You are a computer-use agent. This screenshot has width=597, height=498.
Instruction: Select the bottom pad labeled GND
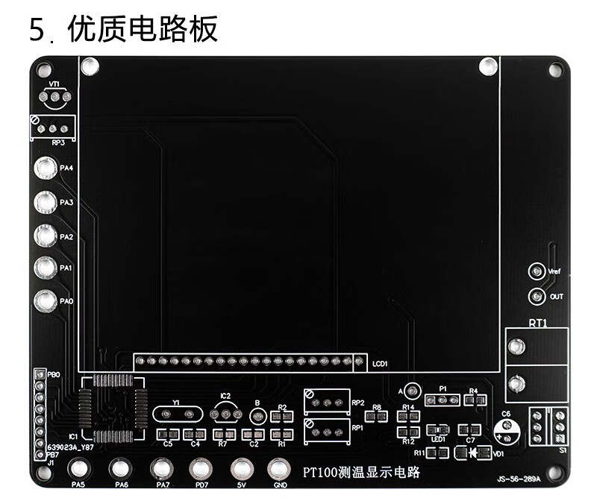(279, 469)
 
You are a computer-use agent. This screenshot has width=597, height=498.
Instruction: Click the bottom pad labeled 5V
(240, 469)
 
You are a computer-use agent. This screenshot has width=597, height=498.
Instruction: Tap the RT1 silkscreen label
(537, 324)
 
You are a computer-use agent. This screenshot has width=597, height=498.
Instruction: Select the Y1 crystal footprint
(177, 414)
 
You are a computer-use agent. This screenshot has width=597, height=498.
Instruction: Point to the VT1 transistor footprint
(55, 97)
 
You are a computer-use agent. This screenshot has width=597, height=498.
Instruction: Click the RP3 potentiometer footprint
(53, 128)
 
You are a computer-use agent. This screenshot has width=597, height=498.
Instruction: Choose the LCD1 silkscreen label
(379, 364)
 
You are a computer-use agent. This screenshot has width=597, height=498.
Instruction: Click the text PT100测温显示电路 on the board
(362, 473)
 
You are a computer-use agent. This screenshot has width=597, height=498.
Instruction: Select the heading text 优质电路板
(142, 30)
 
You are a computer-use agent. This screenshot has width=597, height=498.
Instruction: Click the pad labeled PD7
(200, 469)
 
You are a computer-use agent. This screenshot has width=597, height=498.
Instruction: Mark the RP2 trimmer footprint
(327, 402)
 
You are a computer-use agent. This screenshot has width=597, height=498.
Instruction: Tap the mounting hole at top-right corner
(555, 70)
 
